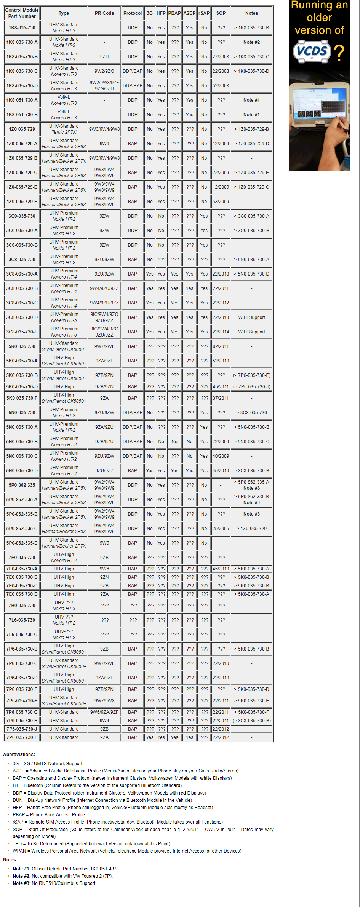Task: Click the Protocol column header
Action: [x=133, y=13]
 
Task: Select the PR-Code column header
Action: [x=104, y=13]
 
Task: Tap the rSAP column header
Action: [x=204, y=13]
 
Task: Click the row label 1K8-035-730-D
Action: [x=22, y=86]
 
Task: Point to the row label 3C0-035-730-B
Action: [x=22, y=245]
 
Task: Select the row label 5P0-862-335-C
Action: [x=22, y=529]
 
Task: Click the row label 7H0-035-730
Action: [x=22, y=606]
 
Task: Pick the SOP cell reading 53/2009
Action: [x=221, y=202]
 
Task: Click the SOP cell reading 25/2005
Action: [x=221, y=529]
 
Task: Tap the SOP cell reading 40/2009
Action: [x=221, y=456]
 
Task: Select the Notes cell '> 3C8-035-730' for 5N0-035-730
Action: [x=251, y=413]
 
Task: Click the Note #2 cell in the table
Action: [x=251, y=42]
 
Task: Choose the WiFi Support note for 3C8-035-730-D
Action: [x=251, y=317]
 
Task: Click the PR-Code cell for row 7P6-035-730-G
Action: [x=104, y=712]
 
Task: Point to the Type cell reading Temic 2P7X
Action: [x=64, y=132]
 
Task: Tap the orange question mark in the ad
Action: [x=339, y=53]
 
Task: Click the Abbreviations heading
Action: [x=19, y=755]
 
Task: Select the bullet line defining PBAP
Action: [x=49, y=815]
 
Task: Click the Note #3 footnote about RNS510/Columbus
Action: [x=54, y=883]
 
